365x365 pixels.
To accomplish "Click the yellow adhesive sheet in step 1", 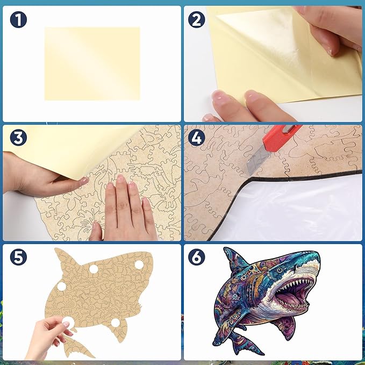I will tap(92, 63).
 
